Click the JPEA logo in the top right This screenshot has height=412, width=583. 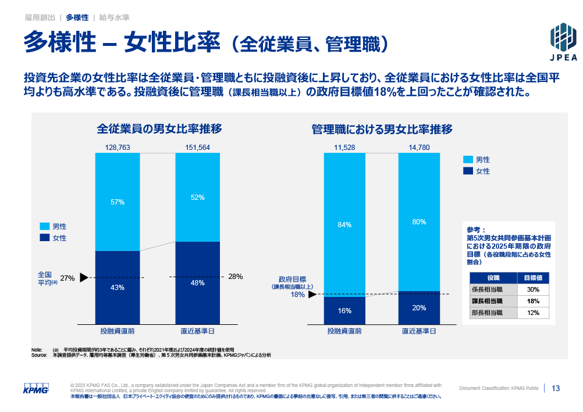(x=563, y=41)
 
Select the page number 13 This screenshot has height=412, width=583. (x=556, y=388)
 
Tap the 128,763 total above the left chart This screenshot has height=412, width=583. (x=118, y=148)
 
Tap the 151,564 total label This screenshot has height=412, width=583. (x=197, y=148)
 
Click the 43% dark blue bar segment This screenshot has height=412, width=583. (x=118, y=288)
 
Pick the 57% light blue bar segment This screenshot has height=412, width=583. (x=118, y=202)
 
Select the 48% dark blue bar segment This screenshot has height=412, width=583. (x=198, y=283)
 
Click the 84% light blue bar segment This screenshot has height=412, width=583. (x=344, y=225)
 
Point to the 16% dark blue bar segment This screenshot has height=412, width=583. (x=344, y=311)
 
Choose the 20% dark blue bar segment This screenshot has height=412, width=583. (x=419, y=308)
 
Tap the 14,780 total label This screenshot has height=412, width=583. (x=419, y=148)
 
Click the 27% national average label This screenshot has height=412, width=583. (x=67, y=278)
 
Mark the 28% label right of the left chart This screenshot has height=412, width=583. (x=236, y=277)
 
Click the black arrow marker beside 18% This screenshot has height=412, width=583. (x=312, y=295)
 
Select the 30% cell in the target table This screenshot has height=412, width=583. (x=533, y=289)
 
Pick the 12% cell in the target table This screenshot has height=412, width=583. (x=533, y=313)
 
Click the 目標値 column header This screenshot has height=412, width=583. (x=533, y=278)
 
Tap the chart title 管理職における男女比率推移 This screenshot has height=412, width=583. (x=382, y=129)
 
